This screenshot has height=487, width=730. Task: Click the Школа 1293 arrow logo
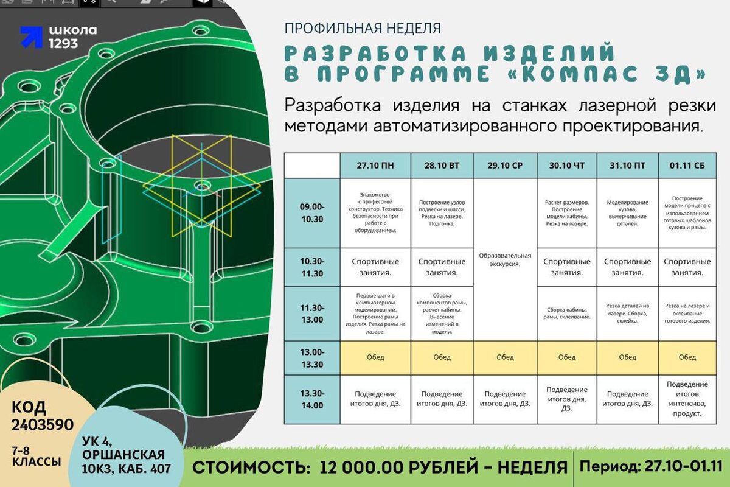click(x=32, y=37)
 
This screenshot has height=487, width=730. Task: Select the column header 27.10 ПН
click(x=375, y=166)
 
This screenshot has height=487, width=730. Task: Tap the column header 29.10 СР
click(x=504, y=166)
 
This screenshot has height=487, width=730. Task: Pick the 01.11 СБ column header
click(x=687, y=166)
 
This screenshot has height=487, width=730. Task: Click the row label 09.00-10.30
click(x=312, y=212)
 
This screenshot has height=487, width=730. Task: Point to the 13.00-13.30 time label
click(x=312, y=357)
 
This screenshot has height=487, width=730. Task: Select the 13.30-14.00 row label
click(x=312, y=399)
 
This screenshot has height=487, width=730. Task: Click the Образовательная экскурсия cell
click(x=505, y=259)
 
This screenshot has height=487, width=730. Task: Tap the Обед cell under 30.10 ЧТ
click(x=567, y=357)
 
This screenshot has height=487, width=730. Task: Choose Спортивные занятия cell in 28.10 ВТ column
click(x=442, y=267)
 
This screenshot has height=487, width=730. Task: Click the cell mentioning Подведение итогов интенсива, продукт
click(x=687, y=399)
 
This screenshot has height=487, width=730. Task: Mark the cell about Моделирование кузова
click(x=627, y=213)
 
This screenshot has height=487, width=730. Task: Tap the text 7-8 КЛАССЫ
click(x=36, y=457)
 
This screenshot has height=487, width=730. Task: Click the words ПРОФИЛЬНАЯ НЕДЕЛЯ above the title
click(x=363, y=28)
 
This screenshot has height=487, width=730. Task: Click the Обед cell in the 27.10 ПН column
click(x=375, y=357)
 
